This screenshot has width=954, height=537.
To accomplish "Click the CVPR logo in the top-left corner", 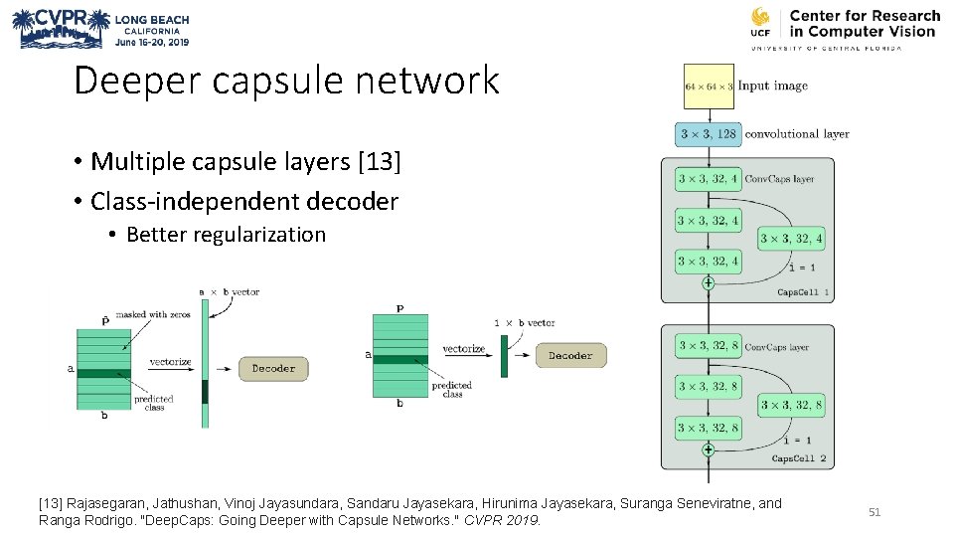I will tap(60, 27).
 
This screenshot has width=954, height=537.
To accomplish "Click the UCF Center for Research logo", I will tap(845, 28).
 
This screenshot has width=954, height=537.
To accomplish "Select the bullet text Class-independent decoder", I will tap(243, 201).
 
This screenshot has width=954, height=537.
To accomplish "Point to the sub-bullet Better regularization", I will tap(226, 235).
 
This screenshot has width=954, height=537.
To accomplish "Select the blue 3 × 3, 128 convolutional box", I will tap(709, 134).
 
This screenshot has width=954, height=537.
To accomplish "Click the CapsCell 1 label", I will tap(803, 292).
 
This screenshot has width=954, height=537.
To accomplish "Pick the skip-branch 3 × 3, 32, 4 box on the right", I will tap(791, 239).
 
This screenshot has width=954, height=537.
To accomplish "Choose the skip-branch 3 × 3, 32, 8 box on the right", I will tap(791, 405).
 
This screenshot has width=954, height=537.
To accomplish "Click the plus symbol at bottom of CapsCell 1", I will tap(708, 283).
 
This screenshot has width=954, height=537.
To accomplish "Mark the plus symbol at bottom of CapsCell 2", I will tap(708, 449).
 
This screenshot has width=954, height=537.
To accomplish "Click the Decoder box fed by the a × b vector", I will tap(273, 368).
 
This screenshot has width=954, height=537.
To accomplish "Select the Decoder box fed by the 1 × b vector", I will tap(570, 355).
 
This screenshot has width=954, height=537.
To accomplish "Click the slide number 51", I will tap(874, 512).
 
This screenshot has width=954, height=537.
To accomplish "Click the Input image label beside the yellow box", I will tap(773, 87).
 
